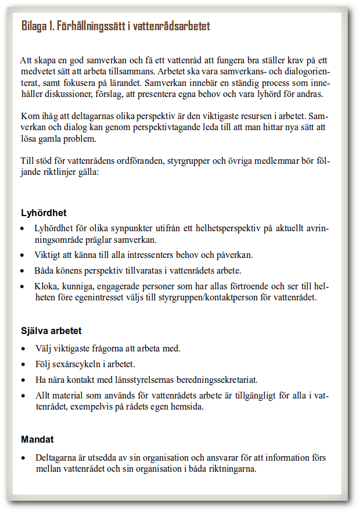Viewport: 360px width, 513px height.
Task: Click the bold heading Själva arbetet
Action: pyautogui.click(x=51, y=331)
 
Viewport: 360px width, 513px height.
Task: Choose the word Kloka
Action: pyautogui.click(x=46, y=286)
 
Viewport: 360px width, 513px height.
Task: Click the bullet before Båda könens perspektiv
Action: pyautogui.click(x=22, y=271)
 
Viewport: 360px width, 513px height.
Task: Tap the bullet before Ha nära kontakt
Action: pyautogui.click(x=22, y=381)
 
